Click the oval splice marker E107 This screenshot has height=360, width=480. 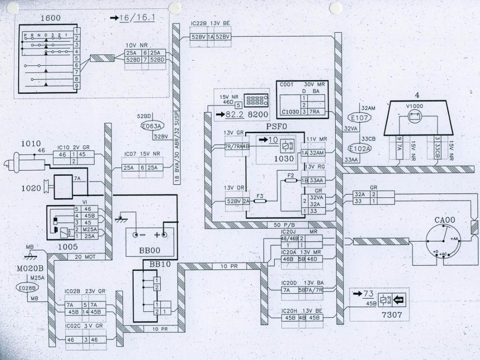[360, 118]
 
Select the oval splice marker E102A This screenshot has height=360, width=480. [360, 149]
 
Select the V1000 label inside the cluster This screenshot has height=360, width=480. [414, 106]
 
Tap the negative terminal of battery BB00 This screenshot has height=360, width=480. [136, 234]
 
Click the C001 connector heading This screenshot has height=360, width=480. [286, 85]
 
